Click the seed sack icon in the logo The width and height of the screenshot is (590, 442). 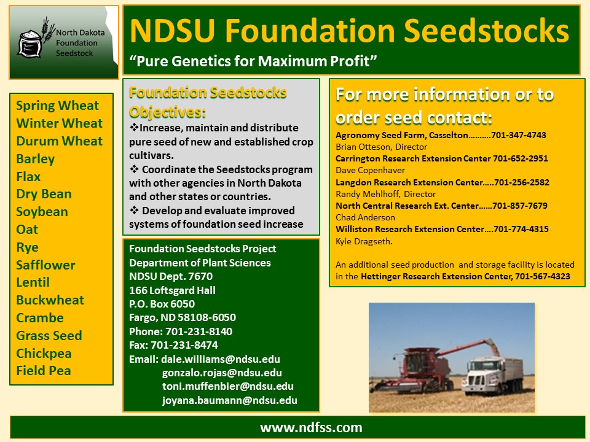click(29, 44)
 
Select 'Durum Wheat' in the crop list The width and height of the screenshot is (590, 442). click(60, 141)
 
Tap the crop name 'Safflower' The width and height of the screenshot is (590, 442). click(45, 265)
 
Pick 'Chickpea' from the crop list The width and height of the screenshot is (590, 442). click(44, 354)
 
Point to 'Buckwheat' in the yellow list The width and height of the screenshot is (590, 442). click(50, 300)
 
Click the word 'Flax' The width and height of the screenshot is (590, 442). click(28, 177)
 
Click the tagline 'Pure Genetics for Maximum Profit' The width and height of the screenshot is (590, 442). click(253, 61)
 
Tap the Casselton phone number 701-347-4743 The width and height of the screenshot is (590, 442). click(519, 135)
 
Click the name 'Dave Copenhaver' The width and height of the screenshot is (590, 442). click(370, 170)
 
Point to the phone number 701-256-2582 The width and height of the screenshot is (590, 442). click(522, 182)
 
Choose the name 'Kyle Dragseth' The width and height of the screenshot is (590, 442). click(363, 241)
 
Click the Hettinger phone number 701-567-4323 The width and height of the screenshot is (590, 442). click(543, 277)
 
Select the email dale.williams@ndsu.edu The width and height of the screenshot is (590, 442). click(221, 359)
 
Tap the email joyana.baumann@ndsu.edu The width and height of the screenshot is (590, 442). click(229, 400)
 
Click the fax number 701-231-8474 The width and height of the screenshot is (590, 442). click(184, 345)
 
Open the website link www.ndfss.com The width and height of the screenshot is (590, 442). click(311, 428)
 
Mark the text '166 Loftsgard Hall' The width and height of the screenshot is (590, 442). click(172, 290)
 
